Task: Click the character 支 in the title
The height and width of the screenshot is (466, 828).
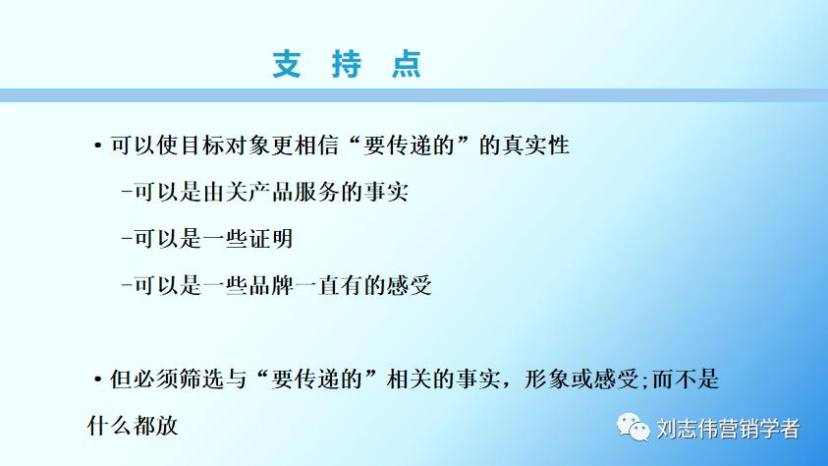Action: tap(287, 64)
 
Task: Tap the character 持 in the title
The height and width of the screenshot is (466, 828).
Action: tap(346, 64)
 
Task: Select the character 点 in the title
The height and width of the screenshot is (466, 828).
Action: tap(405, 64)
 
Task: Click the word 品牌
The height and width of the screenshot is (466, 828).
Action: tap(297, 286)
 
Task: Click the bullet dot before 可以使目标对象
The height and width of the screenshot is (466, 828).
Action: tap(97, 146)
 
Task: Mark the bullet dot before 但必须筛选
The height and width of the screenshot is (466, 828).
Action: tap(97, 380)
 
